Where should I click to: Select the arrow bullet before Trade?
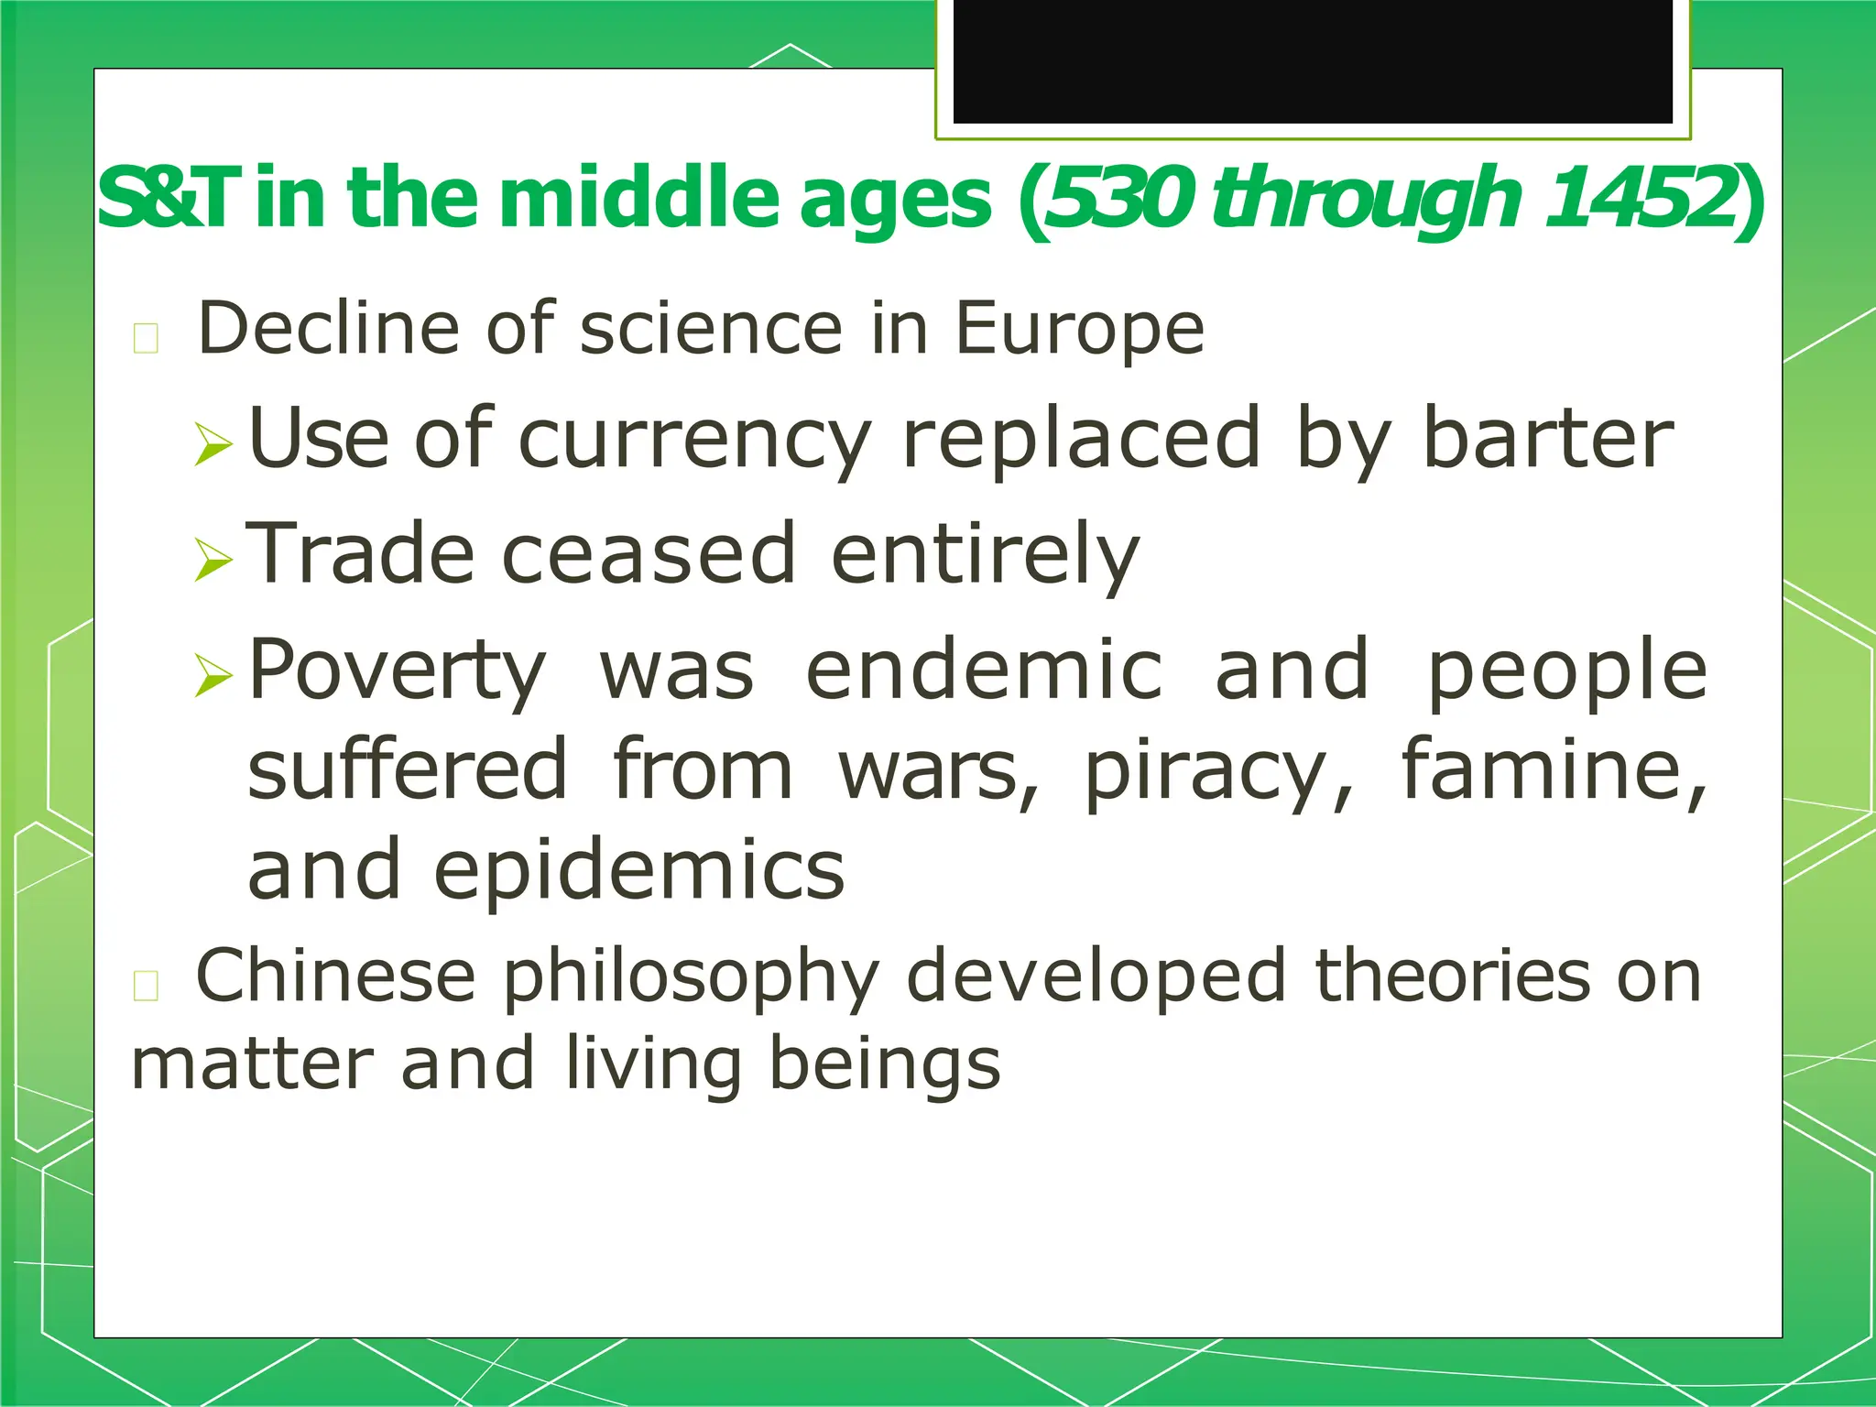click(x=214, y=559)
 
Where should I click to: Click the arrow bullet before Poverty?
click(x=214, y=675)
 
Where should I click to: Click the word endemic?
click(x=984, y=670)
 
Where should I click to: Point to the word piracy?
click(x=1207, y=771)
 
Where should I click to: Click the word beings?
click(x=884, y=1066)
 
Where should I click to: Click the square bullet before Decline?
click(x=147, y=338)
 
